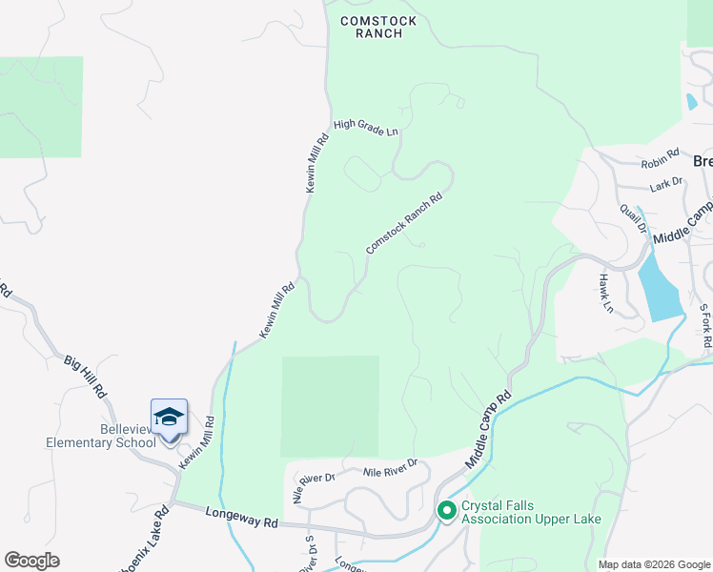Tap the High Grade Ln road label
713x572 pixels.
(365, 128)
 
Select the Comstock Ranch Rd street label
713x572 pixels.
(405, 225)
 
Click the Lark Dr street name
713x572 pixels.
(666, 181)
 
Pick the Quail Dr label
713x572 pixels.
(634, 218)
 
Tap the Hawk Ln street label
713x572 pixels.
(604, 294)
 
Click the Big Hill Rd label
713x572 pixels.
(86, 376)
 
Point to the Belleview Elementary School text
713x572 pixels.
(101, 437)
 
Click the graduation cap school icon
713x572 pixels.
(169, 418)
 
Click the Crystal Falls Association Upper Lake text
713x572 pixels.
(531, 513)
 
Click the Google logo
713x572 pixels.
(31, 561)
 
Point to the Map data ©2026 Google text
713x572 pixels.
(653, 564)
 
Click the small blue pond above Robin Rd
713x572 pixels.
(690, 101)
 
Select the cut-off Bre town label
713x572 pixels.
(703, 161)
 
